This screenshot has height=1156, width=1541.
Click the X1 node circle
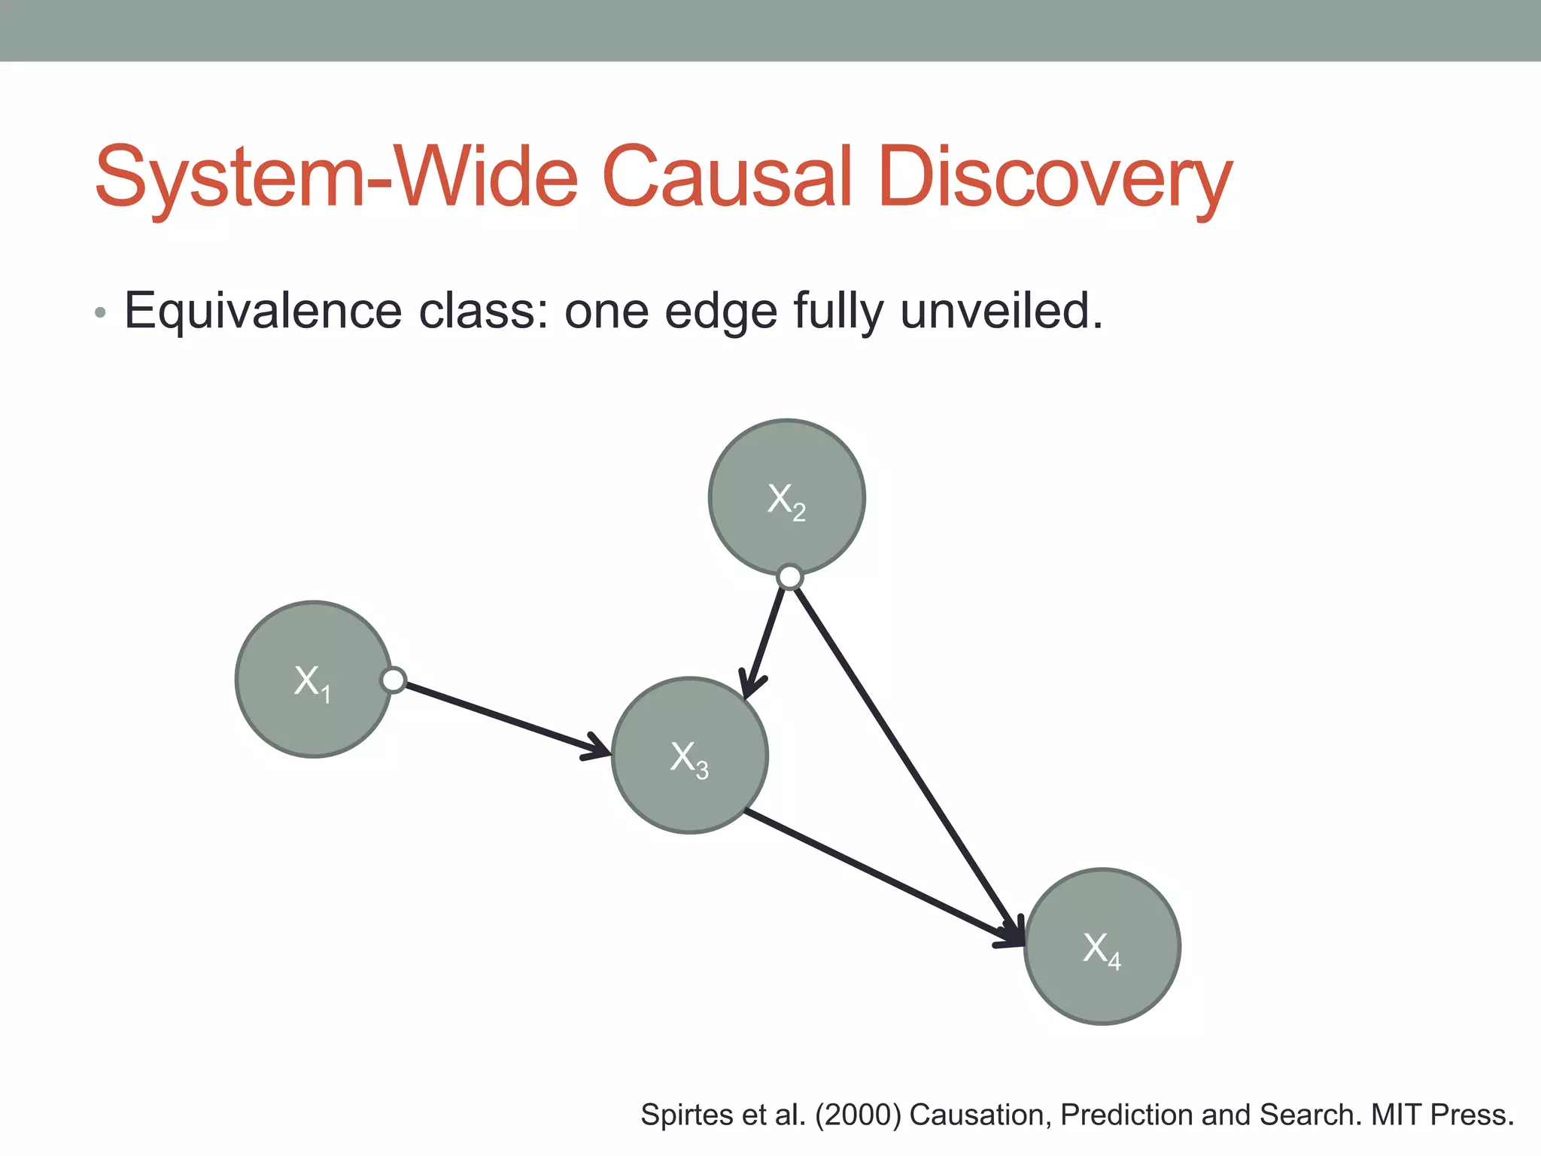(313, 679)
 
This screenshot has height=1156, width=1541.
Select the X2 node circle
(786, 497)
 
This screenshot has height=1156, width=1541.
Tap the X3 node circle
(689, 756)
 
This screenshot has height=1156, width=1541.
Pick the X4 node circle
(1102, 946)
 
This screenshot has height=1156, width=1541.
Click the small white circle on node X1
(394, 680)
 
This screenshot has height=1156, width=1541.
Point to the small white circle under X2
(789, 577)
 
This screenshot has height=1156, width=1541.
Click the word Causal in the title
(728, 177)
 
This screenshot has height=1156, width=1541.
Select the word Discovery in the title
(1053, 178)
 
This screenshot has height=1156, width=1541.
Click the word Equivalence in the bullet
(263, 311)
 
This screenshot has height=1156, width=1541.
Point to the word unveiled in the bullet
(1001, 311)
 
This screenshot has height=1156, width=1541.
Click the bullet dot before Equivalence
(100, 312)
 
